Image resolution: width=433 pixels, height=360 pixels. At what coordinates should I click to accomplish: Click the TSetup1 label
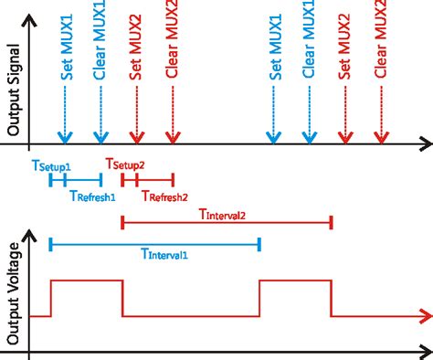click(x=51, y=166)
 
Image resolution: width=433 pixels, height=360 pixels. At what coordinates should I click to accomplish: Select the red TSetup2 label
click(x=125, y=164)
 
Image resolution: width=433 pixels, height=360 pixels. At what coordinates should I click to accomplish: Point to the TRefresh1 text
click(x=92, y=196)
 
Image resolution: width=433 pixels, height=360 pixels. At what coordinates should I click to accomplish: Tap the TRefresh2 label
click(x=164, y=196)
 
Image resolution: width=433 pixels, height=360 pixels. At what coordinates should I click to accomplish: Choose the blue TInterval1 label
click(x=164, y=254)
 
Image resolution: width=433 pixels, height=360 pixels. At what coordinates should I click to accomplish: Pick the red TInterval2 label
click(x=222, y=215)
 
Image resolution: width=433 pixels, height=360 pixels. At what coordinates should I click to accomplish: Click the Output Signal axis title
click(x=13, y=90)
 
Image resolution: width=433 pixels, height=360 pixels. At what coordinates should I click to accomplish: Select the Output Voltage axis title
click(x=13, y=293)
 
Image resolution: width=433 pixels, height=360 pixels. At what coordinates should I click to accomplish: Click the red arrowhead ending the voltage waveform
click(x=427, y=316)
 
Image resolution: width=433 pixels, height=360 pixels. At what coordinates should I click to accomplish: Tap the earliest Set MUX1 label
click(x=67, y=48)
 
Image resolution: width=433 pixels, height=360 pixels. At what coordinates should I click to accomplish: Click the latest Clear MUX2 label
click(x=380, y=38)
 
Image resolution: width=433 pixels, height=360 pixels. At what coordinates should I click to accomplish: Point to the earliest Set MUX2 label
click(x=135, y=48)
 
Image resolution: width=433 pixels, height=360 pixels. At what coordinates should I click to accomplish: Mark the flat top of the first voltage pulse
click(x=87, y=281)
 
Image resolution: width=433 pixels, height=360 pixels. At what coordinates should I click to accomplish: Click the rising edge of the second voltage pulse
click(x=259, y=299)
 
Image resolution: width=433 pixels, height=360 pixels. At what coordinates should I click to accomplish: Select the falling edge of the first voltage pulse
click(x=122, y=299)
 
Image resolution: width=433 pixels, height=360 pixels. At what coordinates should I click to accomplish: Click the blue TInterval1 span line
click(x=155, y=244)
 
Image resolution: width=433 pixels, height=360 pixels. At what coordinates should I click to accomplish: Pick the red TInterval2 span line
click(x=227, y=223)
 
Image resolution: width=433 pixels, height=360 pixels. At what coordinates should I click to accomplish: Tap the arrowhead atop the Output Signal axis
click(x=29, y=21)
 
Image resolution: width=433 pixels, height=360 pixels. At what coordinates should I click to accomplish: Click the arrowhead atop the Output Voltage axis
click(x=29, y=236)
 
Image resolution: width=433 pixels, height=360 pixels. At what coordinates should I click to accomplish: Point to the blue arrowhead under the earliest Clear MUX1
click(x=100, y=138)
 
